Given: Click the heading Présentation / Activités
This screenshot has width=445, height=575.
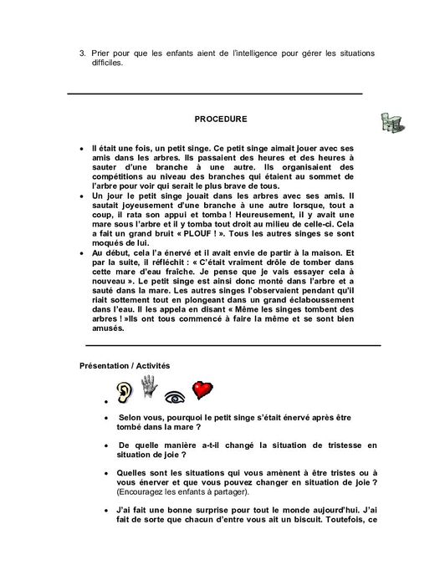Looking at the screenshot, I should (125, 366).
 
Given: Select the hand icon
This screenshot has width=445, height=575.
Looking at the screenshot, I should (150, 387).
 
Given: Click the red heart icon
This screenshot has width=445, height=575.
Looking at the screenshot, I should (202, 390).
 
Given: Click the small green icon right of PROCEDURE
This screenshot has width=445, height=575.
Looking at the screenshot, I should (391, 123).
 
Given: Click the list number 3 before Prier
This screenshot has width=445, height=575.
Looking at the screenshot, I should (82, 53).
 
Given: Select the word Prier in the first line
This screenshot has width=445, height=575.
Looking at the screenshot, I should (103, 53).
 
